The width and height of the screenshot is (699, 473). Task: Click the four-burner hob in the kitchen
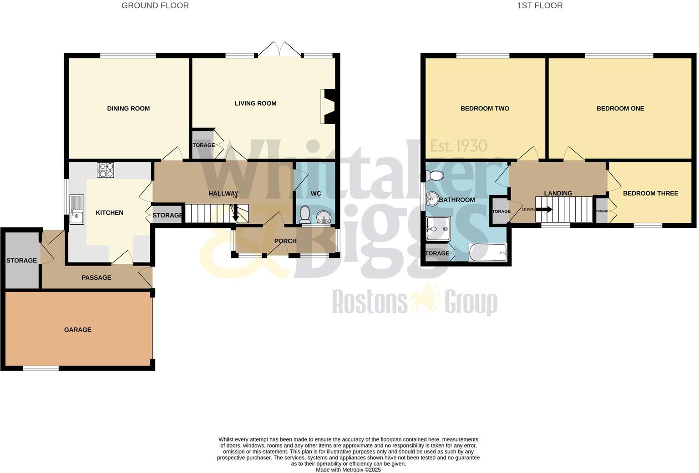click(106, 170)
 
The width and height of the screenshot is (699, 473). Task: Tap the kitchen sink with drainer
click(77, 209)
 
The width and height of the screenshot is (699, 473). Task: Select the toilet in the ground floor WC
click(305, 214)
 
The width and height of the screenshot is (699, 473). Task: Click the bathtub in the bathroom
click(488, 253)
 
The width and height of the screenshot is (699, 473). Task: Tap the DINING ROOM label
click(128, 108)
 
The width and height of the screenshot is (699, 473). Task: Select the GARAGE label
click(78, 330)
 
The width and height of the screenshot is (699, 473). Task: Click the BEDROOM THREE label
click(650, 193)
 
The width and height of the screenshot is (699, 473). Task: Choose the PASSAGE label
click(96, 277)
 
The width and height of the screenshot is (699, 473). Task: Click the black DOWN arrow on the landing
click(544, 210)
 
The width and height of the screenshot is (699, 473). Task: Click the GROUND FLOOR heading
click(155, 5)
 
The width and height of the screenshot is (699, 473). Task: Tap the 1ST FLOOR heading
click(540, 5)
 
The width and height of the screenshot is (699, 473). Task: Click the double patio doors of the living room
click(279, 49)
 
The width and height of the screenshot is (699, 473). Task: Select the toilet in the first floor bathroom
click(436, 176)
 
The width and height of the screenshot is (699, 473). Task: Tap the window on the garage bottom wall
click(41, 368)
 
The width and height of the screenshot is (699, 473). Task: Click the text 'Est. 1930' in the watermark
click(459, 146)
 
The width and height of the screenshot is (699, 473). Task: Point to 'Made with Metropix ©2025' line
click(348, 470)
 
